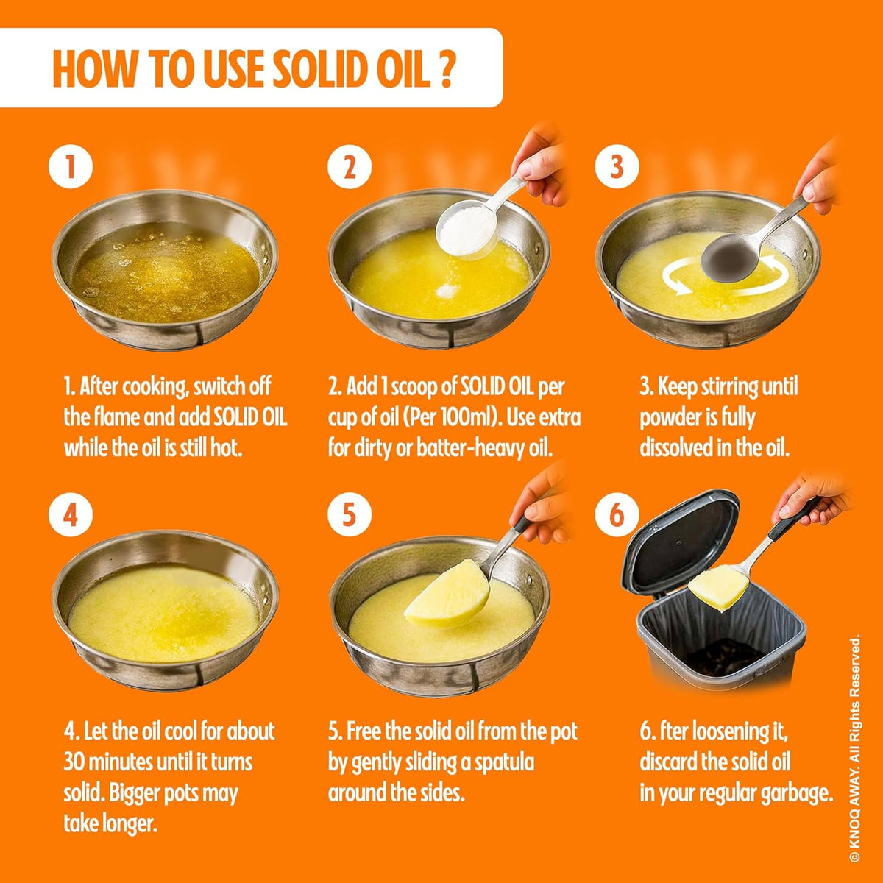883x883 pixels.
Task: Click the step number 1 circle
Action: [x=71, y=168]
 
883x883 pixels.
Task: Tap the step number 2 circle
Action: [x=349, y=168]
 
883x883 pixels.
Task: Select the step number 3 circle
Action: [x=617, y=168]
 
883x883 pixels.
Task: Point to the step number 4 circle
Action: [x=71, y=515]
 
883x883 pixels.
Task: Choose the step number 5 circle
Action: [x=349, y=515]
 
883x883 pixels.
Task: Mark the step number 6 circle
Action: [x=617, y=515]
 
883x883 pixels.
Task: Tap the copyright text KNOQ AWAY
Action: [x=854, y=817]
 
